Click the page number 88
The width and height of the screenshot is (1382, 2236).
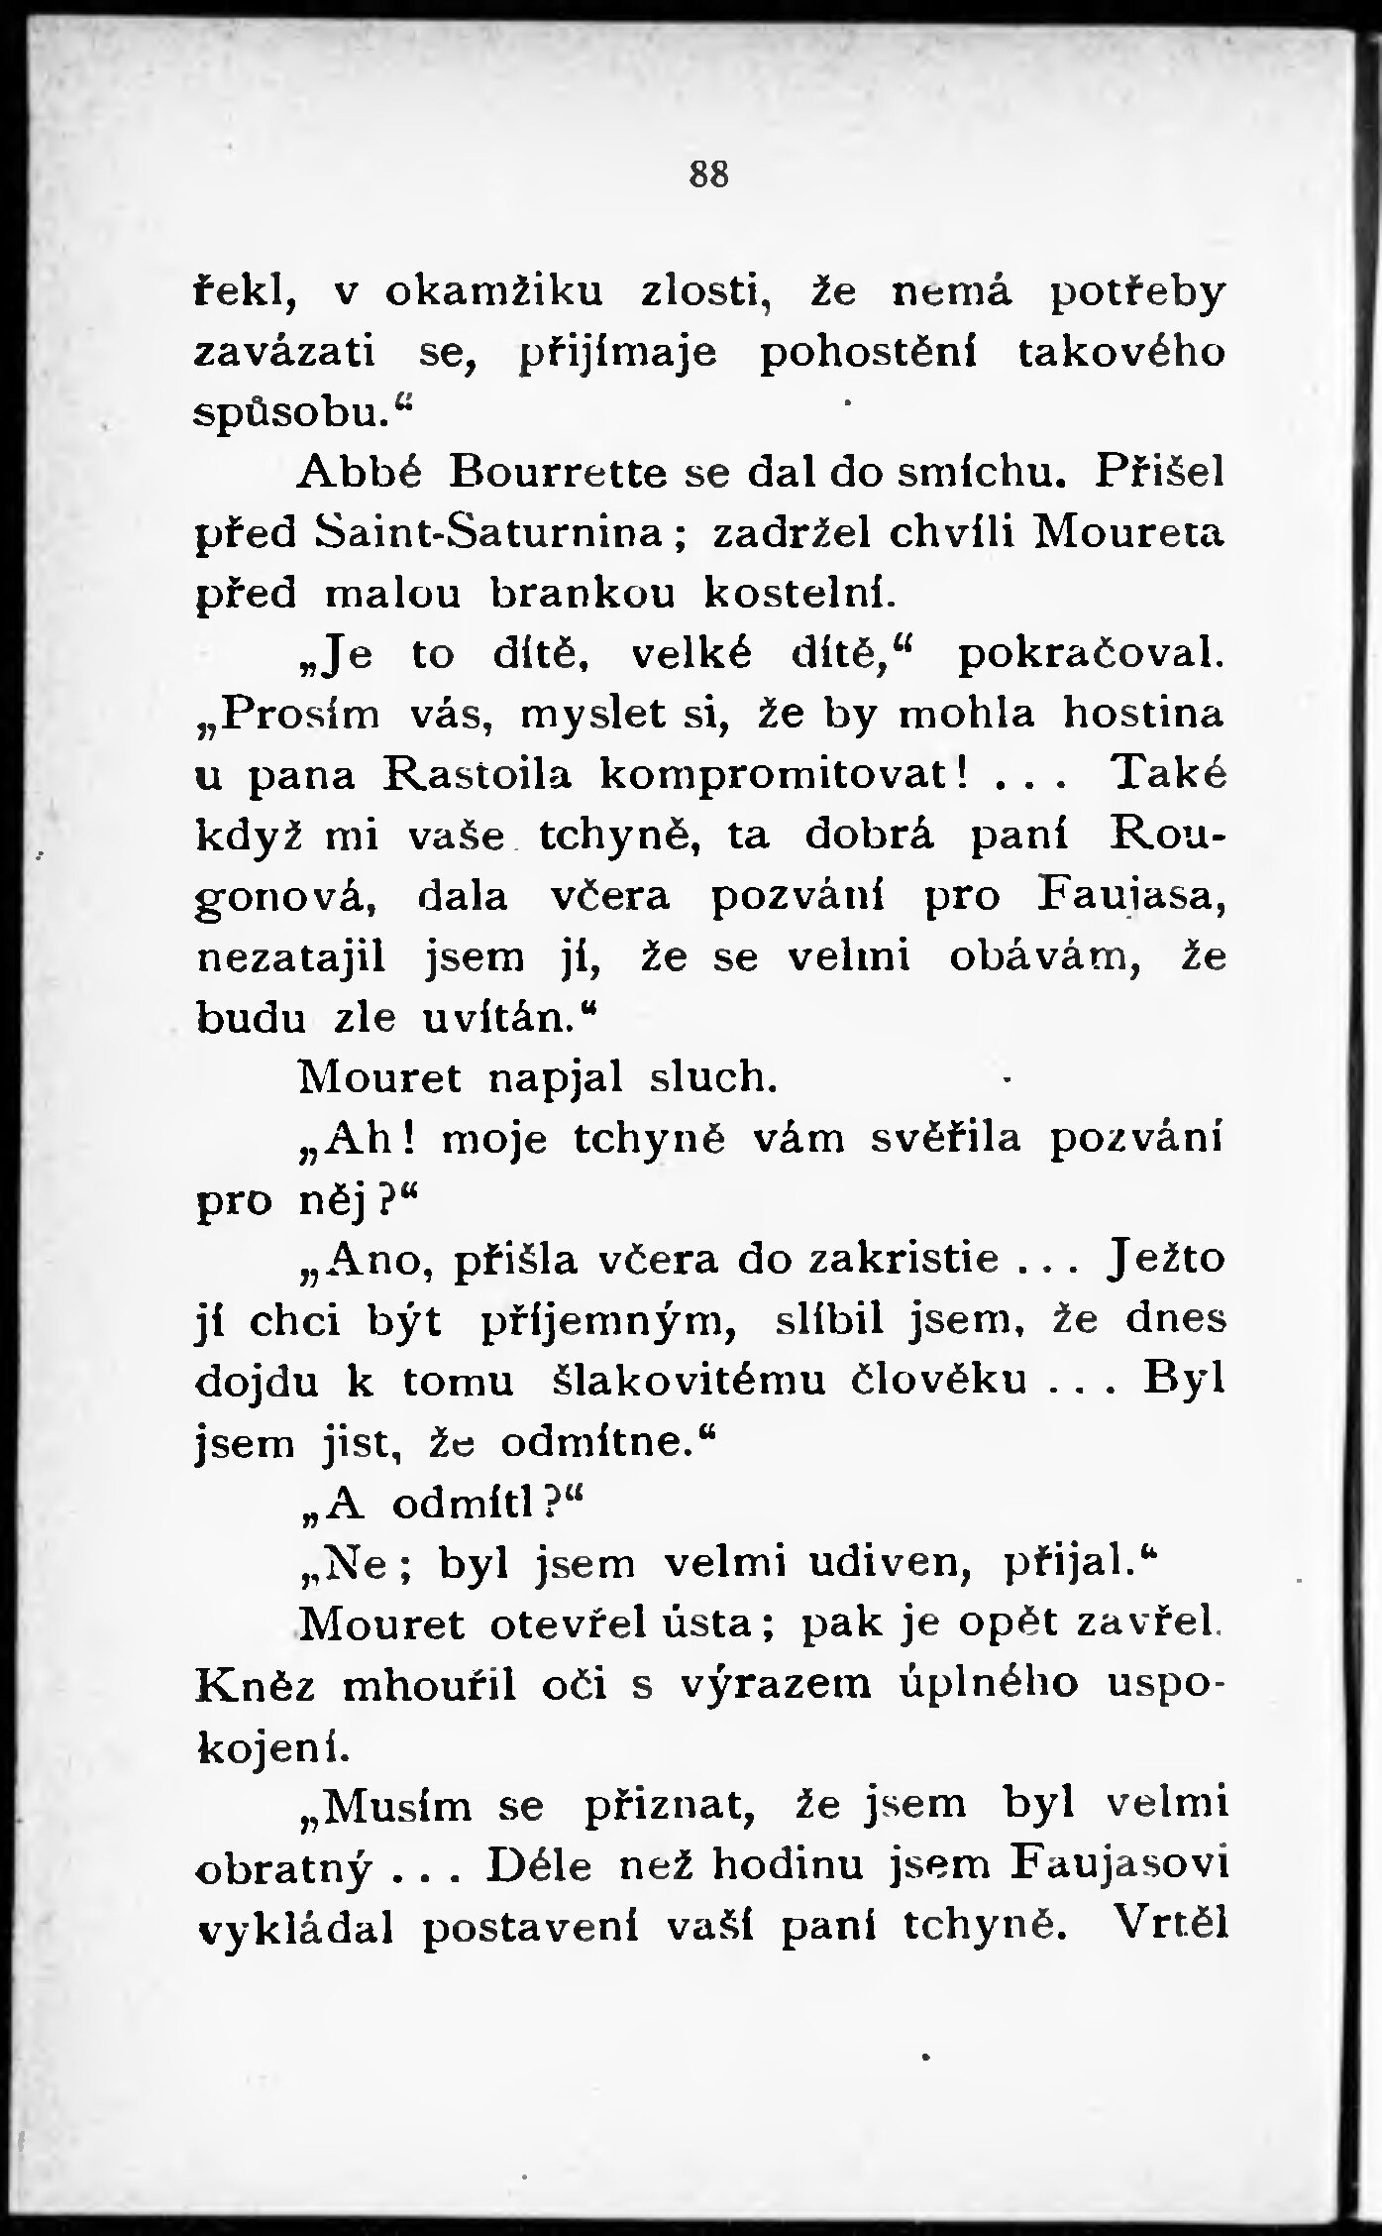click(x=708, y=175)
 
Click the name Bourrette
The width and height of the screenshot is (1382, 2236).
click(x=558, y=473)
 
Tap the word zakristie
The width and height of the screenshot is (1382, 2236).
click(x=904, y=1261)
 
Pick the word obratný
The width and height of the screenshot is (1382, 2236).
click(x=284, y=1869)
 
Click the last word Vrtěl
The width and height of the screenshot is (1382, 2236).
click(x=1170, y=1925)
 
